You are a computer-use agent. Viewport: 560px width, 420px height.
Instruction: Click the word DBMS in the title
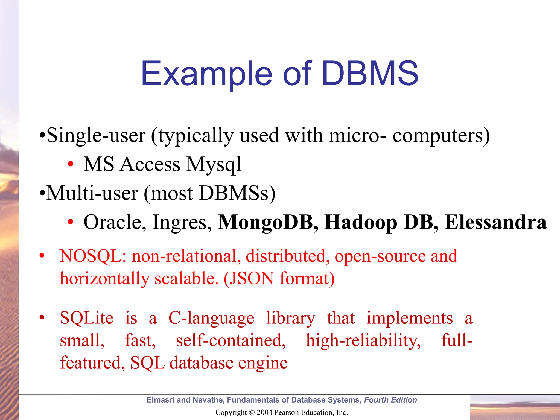pyautogui.click(x=370, y=73)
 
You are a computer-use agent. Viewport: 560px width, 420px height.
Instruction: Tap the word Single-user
pyautogui.click(x=96, y=135)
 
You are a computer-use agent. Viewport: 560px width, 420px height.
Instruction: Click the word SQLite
pyautogui.click(x=86, y=318)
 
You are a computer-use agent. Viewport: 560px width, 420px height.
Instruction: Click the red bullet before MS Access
pyautogui.click(x=71, y=164)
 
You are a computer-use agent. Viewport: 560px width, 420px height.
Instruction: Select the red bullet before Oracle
pyautogui.click(x=71, y=222)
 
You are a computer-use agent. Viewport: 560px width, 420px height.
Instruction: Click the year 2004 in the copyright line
pyautogui.click(x=264, y=412)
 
